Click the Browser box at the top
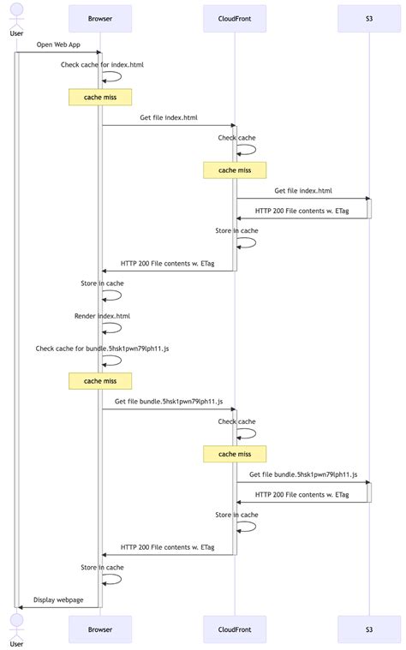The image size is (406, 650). click(x=100, y=18)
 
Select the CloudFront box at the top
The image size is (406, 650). click(x=235, y=18)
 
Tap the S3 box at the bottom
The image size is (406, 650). click(x=369, y=629)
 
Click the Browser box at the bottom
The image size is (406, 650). click(x=100, y=629)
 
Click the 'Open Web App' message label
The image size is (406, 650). click(x=58, y=44)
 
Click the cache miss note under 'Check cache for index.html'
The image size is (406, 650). click(x=100, y=97)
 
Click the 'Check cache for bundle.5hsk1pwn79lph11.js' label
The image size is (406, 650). click(x=84, y=349)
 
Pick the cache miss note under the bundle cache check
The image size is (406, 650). click(x=100, y=381)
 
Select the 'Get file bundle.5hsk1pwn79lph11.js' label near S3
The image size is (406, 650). click(x=303, y=474)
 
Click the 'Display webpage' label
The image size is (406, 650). click(x=58, y=599)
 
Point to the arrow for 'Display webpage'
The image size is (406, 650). click(x=58, y=607)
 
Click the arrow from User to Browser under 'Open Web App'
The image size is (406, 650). click(x=58, y=52)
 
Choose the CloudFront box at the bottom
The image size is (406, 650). click(x=235, y=629)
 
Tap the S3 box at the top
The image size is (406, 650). click(x=369, y=18)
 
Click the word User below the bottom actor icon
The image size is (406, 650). click(x=15, y=643)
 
